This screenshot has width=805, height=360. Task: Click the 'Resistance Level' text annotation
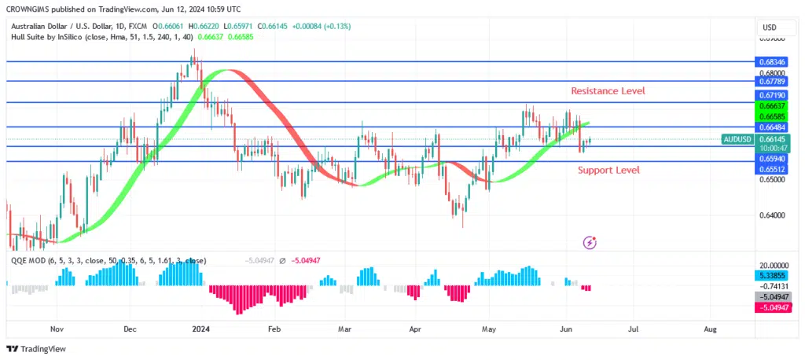(x=608, y=91)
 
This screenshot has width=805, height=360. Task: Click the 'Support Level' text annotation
(x=608, y=170)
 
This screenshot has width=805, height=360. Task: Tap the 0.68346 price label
(x=770, y=61)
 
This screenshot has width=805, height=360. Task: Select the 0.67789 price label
(x=770, y=80)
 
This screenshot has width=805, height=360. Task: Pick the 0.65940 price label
(x=770, y=158)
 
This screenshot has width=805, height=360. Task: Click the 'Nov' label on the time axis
(x=56, y=330)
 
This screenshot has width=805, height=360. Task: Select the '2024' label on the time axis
(x=203, y=330)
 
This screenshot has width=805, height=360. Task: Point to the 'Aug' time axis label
(x=711, y=330)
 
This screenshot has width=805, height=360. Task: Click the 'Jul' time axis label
(x=634, y=330)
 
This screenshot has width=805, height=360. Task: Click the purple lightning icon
(x=590, y=243)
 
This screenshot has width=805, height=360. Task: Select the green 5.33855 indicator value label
(x=770, y=276)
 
